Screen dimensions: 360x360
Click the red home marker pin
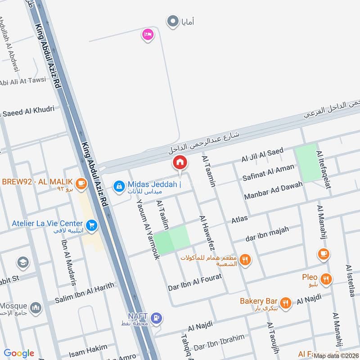pyautogui.click(x=180, y=162)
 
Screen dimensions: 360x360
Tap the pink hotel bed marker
pyautogui.click(x=147, y=34)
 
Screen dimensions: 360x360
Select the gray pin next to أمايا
pyautogui.click(x=172, y=21)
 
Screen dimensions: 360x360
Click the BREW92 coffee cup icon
pyautogui.click(x=81, y=183)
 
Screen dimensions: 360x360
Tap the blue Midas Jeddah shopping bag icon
pyautogui.click(x=119, y=185)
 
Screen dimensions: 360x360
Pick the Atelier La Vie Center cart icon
pyautogui.click(x=92, y=224)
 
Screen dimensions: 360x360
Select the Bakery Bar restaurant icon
pyautogui.click(x=285, y=302)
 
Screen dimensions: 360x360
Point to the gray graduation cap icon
pyautogui.click(x=22, y=262)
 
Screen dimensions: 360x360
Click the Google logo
pyautogui.click(x=19, y=353)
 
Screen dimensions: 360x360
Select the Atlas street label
pyautogui.click(x=239, y=219)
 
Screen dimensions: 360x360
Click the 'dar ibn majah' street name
pyautogui.click(x=268, y=234)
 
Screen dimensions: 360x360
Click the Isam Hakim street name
pyautogui.click(x=89, y=348)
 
